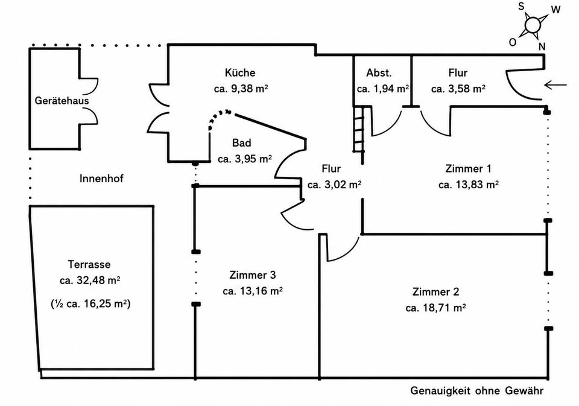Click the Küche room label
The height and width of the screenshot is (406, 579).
(x=240, y=72)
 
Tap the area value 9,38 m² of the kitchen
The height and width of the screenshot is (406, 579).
(x=241, y=89)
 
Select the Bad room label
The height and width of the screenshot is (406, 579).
(x=242, y=143)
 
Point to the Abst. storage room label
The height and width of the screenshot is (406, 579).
(x=379, y=73)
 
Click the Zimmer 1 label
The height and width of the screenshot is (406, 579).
(x=468, y=169)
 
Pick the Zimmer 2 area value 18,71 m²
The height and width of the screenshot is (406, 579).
(x=435, y=308)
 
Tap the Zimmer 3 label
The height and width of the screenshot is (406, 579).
(x=253, y=275)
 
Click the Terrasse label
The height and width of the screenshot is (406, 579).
(x=89, y=264)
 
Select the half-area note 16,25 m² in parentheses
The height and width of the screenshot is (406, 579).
(x=90, y=303)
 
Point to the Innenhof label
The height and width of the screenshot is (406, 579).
(x=101, y=179)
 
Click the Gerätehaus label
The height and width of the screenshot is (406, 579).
(x=62, y=101)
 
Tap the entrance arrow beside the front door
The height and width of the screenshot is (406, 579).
(x=555, y=85)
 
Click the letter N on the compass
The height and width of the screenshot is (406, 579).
(x=542, y=46)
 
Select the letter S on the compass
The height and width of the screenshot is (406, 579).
(x=521, y=6)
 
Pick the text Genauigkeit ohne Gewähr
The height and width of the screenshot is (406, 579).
(x=476, y=390)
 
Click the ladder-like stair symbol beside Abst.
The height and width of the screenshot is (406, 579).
(x=359, y=129)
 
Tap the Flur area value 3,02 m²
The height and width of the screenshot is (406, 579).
(x=334, y=185)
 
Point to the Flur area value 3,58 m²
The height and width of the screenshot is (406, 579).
(x=458, y=89)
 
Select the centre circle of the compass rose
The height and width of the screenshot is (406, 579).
(x=533, y=25)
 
